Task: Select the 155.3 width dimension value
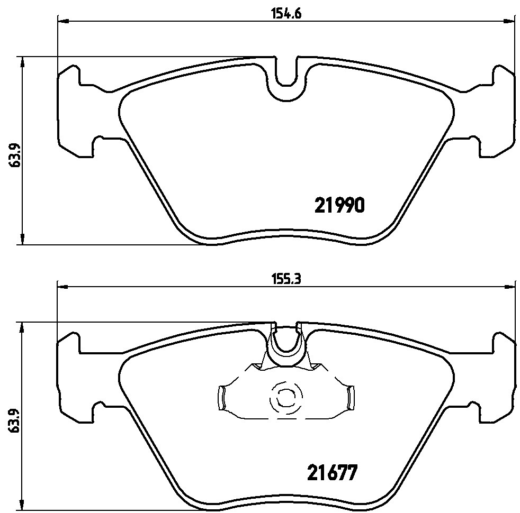(x=286, y=280)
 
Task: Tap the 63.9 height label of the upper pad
(x=14, y=155)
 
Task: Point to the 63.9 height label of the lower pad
(x=14, y=420)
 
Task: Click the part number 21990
(x=339, y=205)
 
